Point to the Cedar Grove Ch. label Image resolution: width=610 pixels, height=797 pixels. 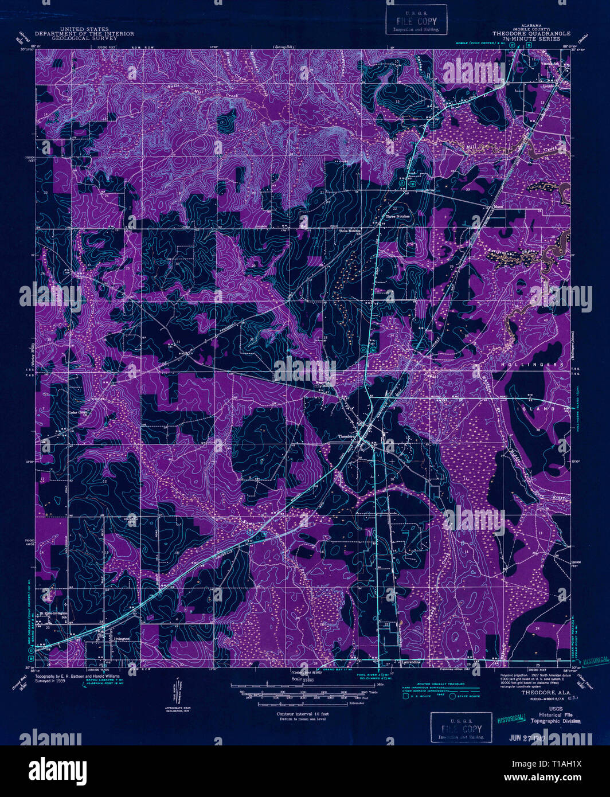coord(81,412)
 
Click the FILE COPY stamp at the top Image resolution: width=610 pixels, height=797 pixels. coord(416,21)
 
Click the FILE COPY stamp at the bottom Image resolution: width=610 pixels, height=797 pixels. coord(461,728)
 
